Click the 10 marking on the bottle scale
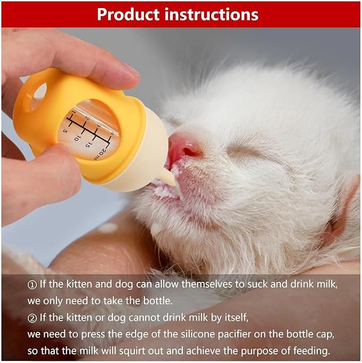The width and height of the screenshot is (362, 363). tap(78, 137)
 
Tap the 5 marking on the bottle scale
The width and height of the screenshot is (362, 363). tap(65, 130)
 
